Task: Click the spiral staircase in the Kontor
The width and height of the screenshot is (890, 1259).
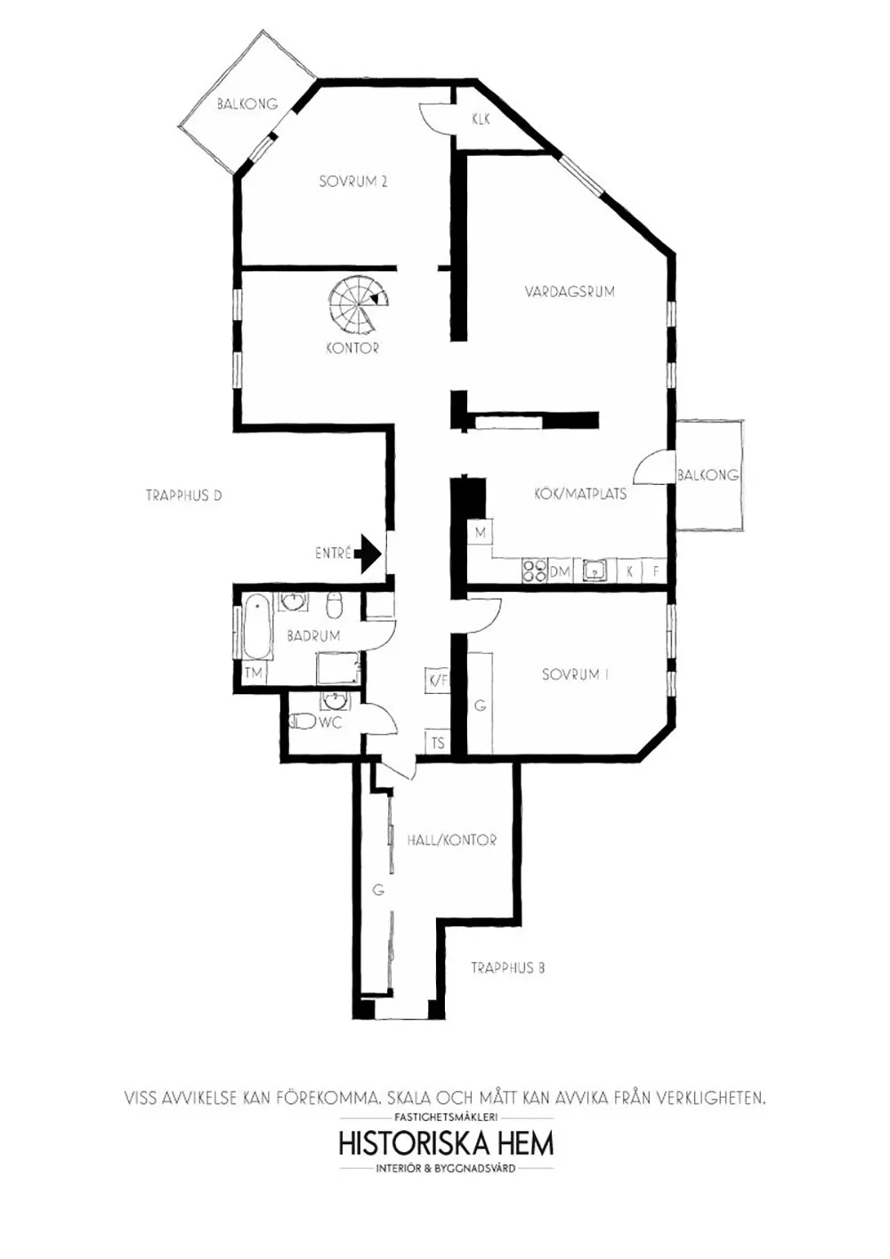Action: [x=358, y=307]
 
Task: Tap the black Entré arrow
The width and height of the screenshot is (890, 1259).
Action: [x=371, y=553]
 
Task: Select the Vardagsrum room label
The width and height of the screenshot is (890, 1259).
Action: [x=570, y=292]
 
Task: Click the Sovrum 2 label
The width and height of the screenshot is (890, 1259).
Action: [x=353, y=182]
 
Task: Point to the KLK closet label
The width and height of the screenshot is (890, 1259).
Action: [x=481, y=119]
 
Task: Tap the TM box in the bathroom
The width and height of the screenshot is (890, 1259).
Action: [x=255, y=674]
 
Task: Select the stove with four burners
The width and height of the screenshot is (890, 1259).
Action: [x=534, y=571]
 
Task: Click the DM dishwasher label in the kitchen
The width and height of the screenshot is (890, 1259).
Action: [x=560, y=572]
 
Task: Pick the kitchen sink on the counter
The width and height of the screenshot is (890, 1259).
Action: [x=595, y=571]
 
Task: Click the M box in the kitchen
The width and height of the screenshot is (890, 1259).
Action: [x=480, y=532]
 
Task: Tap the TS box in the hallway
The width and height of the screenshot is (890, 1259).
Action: [x=438, y=743]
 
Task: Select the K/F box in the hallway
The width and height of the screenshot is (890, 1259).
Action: [x=438, y=681]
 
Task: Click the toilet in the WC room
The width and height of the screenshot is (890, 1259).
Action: [x=302, y=721]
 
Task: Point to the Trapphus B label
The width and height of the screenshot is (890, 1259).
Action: [x=507, y=968]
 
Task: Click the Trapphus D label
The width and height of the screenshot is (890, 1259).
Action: [x=184, y=496]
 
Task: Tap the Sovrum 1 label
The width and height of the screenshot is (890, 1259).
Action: [x=575, y=674]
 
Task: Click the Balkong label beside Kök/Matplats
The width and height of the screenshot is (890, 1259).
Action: [x=708, y=475]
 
